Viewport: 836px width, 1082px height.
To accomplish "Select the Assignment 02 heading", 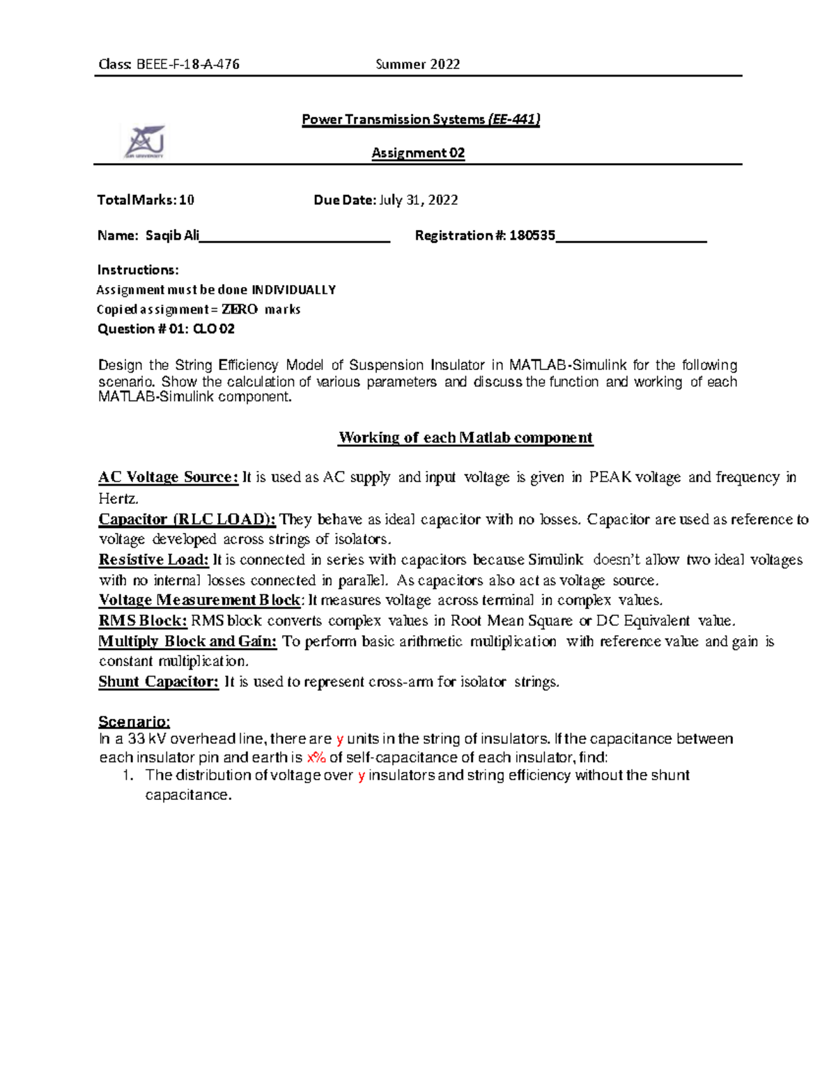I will point(418,153).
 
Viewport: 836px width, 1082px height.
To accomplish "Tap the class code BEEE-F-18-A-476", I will point(188,65).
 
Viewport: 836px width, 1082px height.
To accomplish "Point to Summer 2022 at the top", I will point(417,65).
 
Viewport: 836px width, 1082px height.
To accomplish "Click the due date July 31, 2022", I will point(418,200).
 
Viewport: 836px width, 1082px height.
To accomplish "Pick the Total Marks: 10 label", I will point(146,200).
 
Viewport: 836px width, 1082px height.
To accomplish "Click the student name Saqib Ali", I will point(172,235).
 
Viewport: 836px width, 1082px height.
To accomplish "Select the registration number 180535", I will point(532,235).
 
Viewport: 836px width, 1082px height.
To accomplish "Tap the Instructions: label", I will point(138,270).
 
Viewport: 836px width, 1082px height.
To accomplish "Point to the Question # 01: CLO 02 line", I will point(166,329).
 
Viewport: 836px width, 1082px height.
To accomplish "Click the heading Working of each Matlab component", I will point(465,438).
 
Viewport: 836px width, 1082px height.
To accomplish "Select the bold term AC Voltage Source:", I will point(169,477).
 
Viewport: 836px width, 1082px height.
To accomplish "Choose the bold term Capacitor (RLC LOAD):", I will point(187,519).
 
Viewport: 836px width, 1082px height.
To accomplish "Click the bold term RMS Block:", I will point(143,621).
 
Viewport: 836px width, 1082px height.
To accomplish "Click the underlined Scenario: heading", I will point(134,721).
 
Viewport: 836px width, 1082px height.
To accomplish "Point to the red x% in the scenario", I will point(316,758).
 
